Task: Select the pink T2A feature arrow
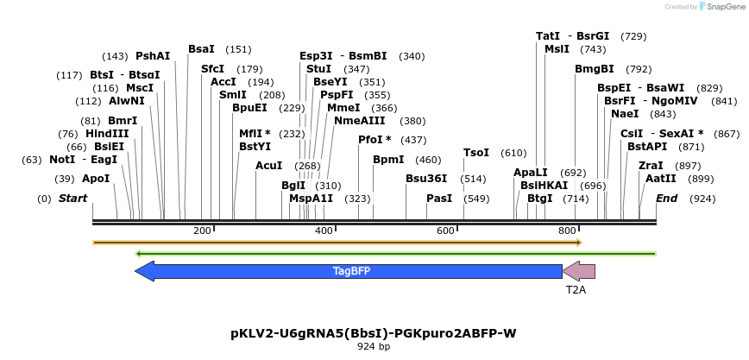[579, 271]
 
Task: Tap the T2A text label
[576, 290]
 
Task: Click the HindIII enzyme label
[107, 134]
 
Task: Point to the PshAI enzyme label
[153, 56]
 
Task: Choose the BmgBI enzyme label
[595, 69]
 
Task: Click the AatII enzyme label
[660, 179]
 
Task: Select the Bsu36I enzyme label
[426, 179]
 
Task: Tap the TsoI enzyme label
[476, 153]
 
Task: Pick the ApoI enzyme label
[96, 179]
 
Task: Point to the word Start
[73, 199]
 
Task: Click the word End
[666, 199]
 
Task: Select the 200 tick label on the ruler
[203, 231]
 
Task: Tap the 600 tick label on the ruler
[446, 231]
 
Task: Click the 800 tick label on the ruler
[568, 231]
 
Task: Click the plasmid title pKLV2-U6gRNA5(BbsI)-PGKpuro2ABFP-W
[374, 332]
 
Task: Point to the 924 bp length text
[374, 346]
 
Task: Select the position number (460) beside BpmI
[428, 160]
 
